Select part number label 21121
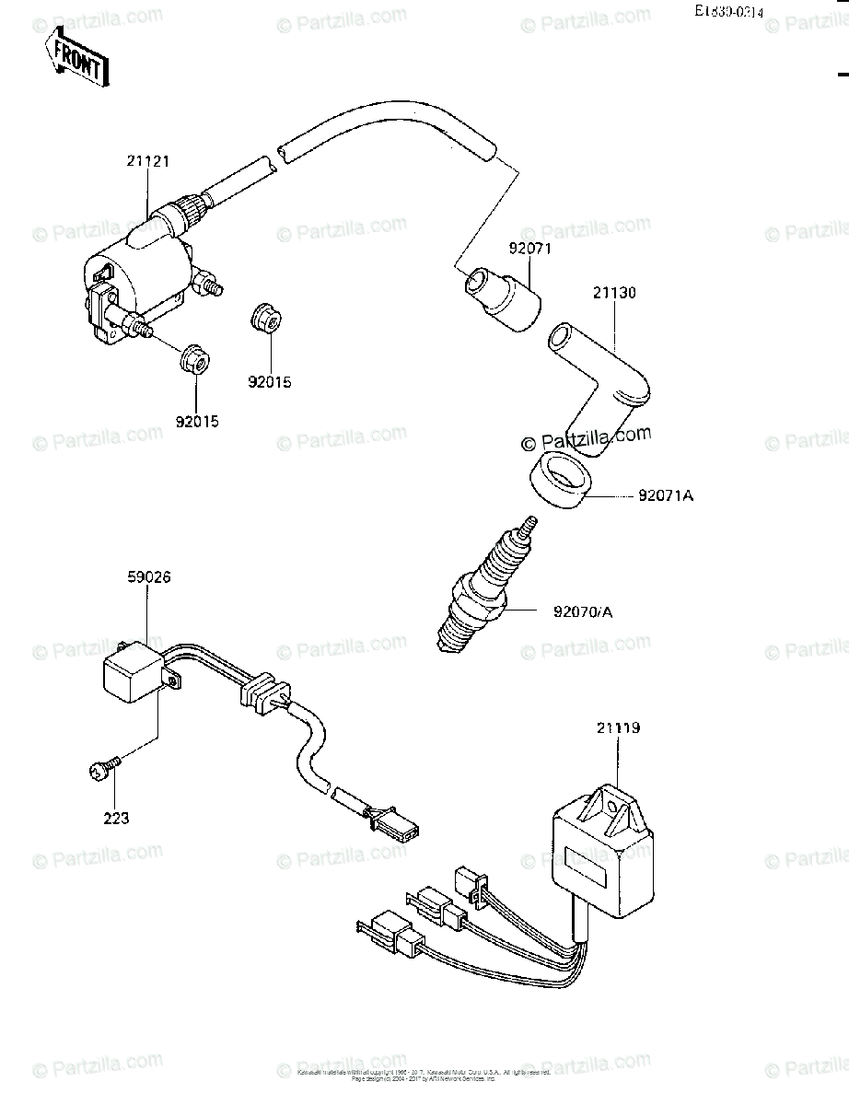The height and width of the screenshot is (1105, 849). click(x=148, y=162)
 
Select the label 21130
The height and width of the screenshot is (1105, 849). click(x=613, y=293)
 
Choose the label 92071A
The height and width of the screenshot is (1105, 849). click(x=665, y=497)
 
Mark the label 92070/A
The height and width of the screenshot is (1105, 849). click(x=584, y=610)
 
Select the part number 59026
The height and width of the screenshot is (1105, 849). click(x=149, y=577)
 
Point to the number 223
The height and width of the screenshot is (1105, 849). click(x=116, y=817)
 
